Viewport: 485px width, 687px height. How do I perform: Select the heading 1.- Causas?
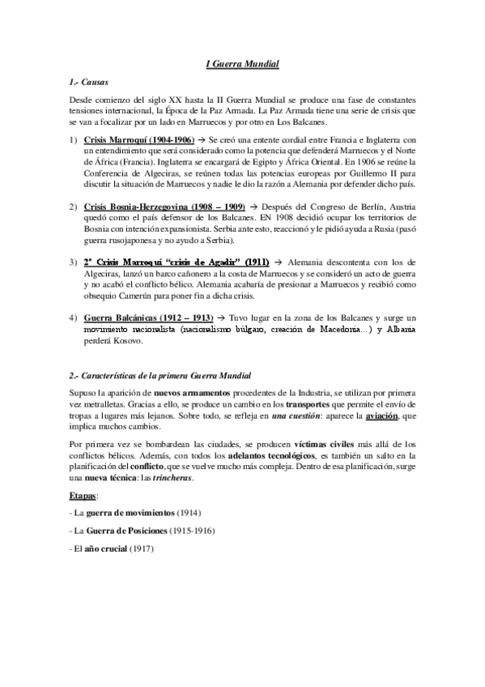coord(89,83)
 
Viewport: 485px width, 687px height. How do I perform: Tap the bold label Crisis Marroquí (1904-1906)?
coord(138,139)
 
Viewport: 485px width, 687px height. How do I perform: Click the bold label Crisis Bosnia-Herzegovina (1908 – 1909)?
coord(164,207)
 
